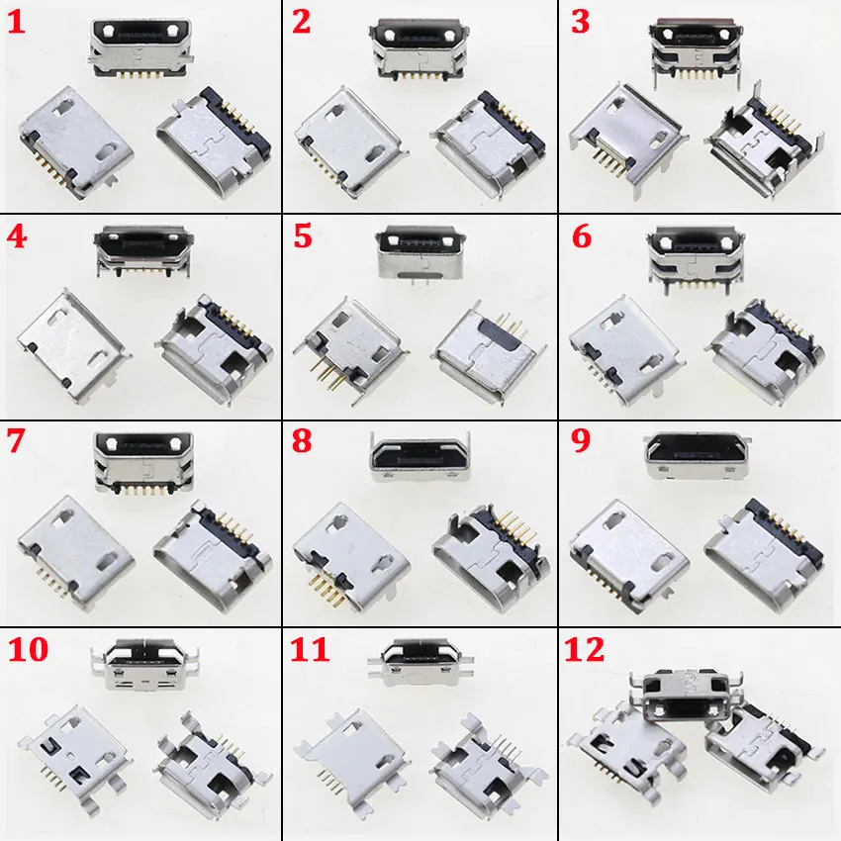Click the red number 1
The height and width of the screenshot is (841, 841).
(16, 24)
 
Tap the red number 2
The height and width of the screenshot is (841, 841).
(302, 23)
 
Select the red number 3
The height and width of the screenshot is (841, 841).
(581, 23)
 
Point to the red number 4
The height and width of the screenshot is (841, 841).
(17, 236)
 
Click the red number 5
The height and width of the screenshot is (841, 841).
(303, 236)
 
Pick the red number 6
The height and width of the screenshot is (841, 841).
(582, 236)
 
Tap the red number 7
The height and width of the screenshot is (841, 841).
(16, 441)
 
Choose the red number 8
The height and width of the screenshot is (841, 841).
(302, 441)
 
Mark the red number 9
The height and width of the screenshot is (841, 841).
(581, 441)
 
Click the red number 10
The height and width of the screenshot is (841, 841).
(28, 649)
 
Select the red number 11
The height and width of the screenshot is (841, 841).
(310, 649)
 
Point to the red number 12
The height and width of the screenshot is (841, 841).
(585, 649)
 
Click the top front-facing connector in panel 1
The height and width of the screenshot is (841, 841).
(141, 49)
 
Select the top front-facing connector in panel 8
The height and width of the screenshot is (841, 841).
(420, 456)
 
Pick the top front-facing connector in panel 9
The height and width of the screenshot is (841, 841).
(698, 456)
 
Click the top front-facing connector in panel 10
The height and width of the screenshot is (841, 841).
(144, 665)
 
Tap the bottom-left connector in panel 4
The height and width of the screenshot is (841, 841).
(72, 345)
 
